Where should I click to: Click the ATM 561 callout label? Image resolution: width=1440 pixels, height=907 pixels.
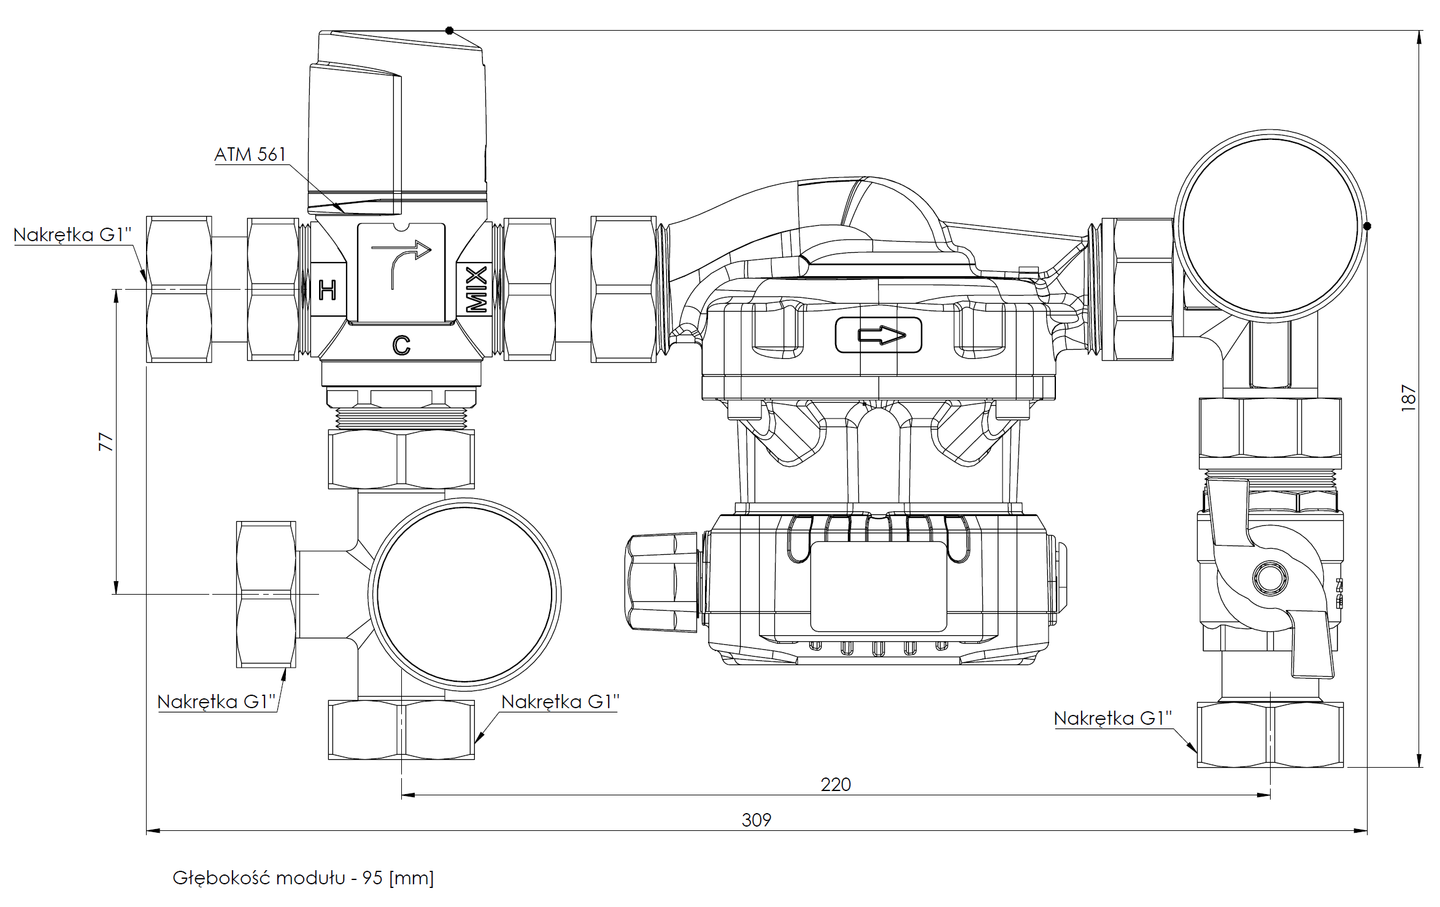tap(250, 154)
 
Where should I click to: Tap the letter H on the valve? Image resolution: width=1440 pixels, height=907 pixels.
tap(328, 290)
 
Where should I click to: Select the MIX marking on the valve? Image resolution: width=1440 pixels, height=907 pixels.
tap(476, 289)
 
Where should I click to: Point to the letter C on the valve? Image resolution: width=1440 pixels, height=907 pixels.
tap(401, 345)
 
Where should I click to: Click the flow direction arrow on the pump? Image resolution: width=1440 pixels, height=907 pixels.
tap(881, 335)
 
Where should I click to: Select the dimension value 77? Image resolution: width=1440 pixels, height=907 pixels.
tap(106, 442)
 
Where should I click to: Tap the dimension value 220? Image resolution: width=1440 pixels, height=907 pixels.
tap(836, 784)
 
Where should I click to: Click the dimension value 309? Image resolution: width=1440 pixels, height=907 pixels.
tap(756, 820)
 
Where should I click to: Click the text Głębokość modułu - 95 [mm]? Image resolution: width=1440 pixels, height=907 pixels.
tap(303, 878)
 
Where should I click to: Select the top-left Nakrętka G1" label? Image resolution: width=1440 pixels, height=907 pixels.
tap(72, 234)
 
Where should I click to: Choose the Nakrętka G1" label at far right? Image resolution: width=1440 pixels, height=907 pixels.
tap(1112, 718)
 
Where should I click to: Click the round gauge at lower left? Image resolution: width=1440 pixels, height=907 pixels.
tap(464, 594)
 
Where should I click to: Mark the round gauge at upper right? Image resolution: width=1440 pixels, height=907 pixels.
tap(1270, 226)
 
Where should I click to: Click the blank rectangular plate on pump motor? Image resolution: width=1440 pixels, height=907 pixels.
tap(879, 586)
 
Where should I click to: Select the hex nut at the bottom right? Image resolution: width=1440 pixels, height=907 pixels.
tap(1270, 735)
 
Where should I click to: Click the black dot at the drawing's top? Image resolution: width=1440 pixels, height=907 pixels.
tap(449, 30)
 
